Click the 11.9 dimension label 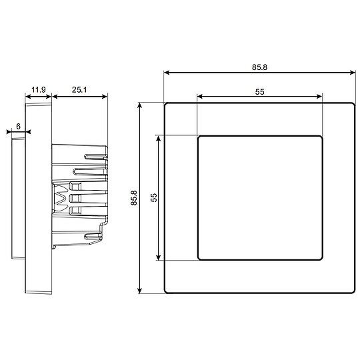[38, 89]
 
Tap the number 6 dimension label [18, 125]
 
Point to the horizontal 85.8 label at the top [259, 67]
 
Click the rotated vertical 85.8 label [133, 198]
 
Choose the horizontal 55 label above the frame [260, 93]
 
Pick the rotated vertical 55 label [153, 198]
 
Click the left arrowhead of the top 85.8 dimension [166, 73]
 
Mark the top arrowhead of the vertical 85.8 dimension [140, 106]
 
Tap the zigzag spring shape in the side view [61, 198]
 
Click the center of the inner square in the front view [260, 197]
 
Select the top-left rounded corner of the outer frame [167, 105]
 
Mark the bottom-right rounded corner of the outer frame [352, 290]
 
